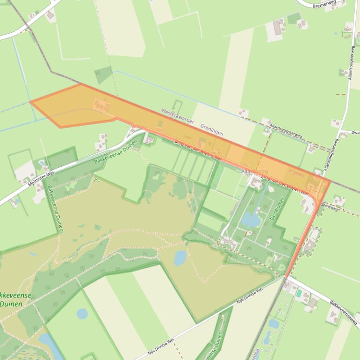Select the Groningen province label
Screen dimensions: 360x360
point(211,130)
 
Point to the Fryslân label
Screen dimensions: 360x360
point(296,173)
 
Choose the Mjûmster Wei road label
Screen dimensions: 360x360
point(41,179)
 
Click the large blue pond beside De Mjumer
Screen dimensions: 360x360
point(251,219)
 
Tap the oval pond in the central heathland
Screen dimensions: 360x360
point(180,258)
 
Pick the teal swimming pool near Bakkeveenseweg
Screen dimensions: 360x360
point(299,293)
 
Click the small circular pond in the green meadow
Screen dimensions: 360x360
point(82,313)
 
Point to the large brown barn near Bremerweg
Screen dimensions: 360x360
point(279,27)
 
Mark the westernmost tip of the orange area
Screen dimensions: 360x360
point(30,101)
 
